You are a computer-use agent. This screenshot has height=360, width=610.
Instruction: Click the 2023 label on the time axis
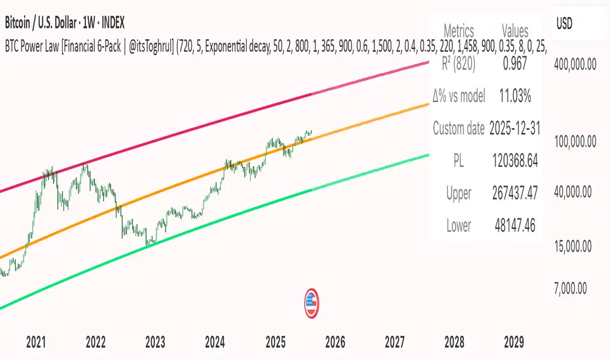click(x=155, y=342)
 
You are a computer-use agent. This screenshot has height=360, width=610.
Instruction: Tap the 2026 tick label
click(x=334, y=342)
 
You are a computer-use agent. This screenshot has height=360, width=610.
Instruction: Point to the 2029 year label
click(x=514, y=342)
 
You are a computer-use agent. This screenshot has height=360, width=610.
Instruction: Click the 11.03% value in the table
click(x=514, y=96)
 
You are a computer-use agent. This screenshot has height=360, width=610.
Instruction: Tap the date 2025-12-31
click(x=514, y=128)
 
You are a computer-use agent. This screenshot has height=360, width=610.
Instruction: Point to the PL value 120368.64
click(x=514, y=161)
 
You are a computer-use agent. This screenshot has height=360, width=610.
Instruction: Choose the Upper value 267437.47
click(x=514, y=194)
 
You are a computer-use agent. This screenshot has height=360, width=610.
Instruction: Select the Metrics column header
click(x=459, y=30)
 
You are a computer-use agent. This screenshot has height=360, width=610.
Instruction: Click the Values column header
click(x=514, y=30)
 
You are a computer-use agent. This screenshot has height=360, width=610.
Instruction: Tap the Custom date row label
click(x=459, y=128)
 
